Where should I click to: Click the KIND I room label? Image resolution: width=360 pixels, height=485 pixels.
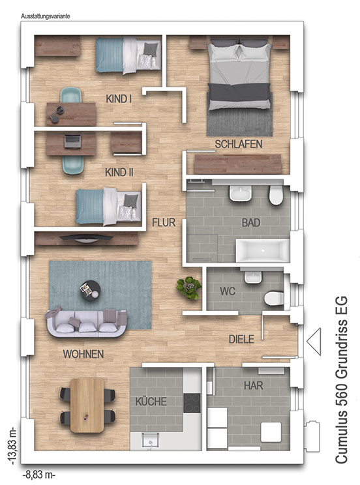click(x=119, y=98)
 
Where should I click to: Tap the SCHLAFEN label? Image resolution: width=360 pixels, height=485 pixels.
click(x=238, y=144)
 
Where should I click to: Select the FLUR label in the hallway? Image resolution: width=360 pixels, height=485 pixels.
click(x=164, y=222)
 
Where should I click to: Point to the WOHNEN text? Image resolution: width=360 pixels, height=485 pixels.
click(x=83, y=354)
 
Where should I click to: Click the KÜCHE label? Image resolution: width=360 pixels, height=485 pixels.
click(x=151, y=402)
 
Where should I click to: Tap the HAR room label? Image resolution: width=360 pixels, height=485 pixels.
click(x=254, y=386)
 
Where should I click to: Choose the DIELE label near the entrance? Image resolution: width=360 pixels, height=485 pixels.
click(x=241, y=340)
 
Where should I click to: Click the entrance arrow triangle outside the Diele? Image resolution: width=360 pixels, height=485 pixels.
click(x=314, y=342)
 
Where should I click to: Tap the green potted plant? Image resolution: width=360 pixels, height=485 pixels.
click(x=188, y=287)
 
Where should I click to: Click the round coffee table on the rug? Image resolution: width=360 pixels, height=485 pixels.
click(x=90, y=290)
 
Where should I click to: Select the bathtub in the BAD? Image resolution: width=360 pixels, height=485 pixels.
click(x=262, y=250)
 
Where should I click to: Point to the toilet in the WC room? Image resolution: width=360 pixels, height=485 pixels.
click(x=274, y=298)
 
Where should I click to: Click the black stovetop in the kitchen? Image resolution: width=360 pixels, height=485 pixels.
click(x=192, y=403)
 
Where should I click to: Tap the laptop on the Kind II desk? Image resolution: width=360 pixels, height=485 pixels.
click(x=73, y=141)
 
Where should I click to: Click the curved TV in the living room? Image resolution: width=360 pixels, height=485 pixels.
click(x=86, y=238)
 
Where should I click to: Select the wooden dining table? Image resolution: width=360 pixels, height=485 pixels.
click(x=87, y=405)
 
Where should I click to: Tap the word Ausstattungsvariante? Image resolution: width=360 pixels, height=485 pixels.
click(x=45, y=16)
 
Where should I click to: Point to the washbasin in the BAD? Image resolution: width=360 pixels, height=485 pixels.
click(x=241, y=194)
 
